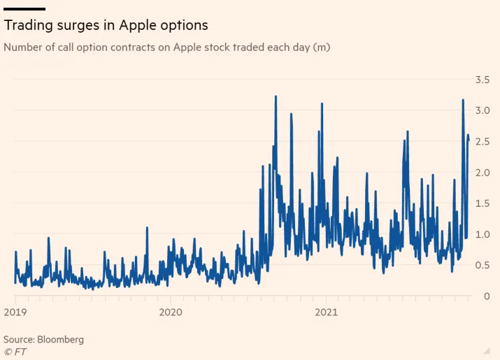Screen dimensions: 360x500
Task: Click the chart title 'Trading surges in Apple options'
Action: point(106,25)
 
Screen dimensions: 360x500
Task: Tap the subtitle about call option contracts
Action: point(166,48)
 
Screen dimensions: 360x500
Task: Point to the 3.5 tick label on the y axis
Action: point(482,80)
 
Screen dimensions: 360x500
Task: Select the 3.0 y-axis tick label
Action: point(482,110)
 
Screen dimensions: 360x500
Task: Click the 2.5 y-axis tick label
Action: point(482,141)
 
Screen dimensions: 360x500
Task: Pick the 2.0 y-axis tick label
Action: point(482,173)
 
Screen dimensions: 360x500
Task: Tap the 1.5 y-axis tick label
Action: point(482,203)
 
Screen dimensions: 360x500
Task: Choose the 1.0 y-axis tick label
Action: point(482,234)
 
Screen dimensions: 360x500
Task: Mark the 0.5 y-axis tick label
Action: point(482,265)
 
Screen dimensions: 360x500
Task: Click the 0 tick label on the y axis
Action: point(486,296)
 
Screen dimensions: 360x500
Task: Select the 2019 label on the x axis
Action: point(15,312)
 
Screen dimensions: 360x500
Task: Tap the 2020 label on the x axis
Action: point(171,312)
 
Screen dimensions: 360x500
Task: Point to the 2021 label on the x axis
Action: point(326,312)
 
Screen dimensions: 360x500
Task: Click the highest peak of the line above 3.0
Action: point(276,97)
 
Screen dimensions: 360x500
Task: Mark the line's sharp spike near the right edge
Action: point(463,101)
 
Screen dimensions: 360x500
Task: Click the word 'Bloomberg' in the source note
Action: point(60,339)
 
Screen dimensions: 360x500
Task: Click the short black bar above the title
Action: point(24,9)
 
